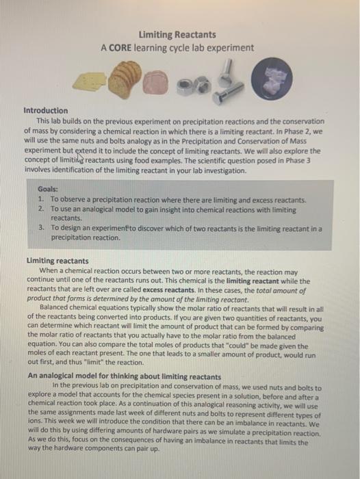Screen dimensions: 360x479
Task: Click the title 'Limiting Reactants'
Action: [177, 34]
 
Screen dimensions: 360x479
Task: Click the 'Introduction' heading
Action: [46, 110]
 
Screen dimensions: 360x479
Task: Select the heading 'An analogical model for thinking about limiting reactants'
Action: [124, 376]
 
